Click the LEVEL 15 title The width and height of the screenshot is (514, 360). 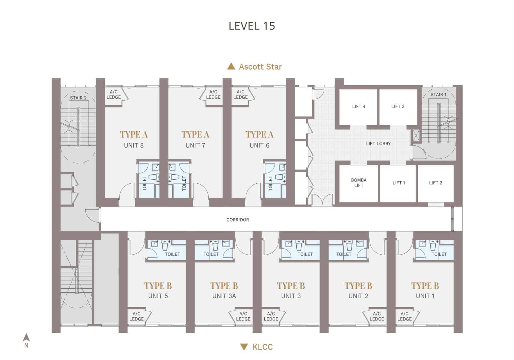click(x=252, y=26)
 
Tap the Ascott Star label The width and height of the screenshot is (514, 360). click(x=260, y=67)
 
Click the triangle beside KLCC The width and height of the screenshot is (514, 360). click(x=244, y=347)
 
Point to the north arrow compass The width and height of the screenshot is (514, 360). click(x=26, y=338)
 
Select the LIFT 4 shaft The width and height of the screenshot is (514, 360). click(x=358, y=107)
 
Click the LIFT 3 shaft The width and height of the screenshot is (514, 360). click(x=398, y=107)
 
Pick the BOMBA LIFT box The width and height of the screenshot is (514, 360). click(x=358, y=183)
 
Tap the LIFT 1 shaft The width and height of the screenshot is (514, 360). click(x=399, y=183)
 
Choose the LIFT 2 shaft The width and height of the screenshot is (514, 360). click(x=435, y=183)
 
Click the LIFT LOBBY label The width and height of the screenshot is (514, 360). click(x=378, y=144)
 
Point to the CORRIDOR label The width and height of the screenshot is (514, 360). click(x=238, y=220)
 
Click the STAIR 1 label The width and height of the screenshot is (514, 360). click(x=438, y=95)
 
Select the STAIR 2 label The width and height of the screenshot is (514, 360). click(x=78, y=98)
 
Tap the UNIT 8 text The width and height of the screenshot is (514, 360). click(x=134, y=145)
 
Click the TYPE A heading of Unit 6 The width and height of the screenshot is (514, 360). click(x=259, y=135)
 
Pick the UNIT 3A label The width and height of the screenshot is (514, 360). click(x=224, y=296)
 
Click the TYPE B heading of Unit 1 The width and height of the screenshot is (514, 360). click(x=425, y=286)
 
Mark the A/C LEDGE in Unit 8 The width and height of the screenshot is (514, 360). click(x=114, y=95)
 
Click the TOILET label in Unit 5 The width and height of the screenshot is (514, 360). click(x=172, y=254)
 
